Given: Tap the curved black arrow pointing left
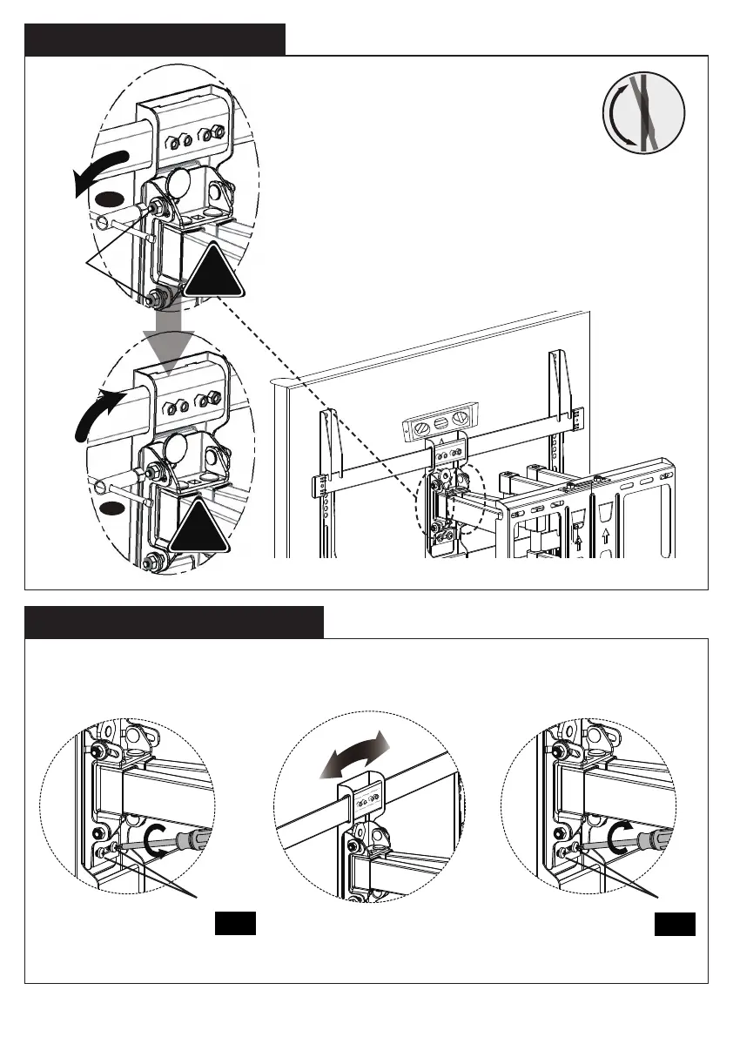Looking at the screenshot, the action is (x=103, y=171).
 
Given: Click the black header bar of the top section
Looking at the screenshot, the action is (x=155, y=39).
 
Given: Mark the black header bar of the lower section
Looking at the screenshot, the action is (x=174, y=622).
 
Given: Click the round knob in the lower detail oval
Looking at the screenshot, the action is (x=178, y=450).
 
